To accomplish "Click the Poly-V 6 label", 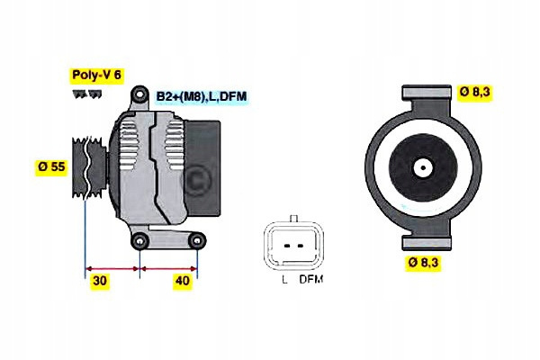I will tap(95, 76).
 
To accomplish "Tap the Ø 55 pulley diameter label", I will tap(52, 166).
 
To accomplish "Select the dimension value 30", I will tap(100, 281).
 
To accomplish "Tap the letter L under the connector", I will tap(283, 280).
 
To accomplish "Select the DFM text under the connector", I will tap(311, 280).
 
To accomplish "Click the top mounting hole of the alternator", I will tap(138, 95).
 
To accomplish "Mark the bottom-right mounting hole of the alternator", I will tap(195, 240).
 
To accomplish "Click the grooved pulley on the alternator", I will tap(93, 167).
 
